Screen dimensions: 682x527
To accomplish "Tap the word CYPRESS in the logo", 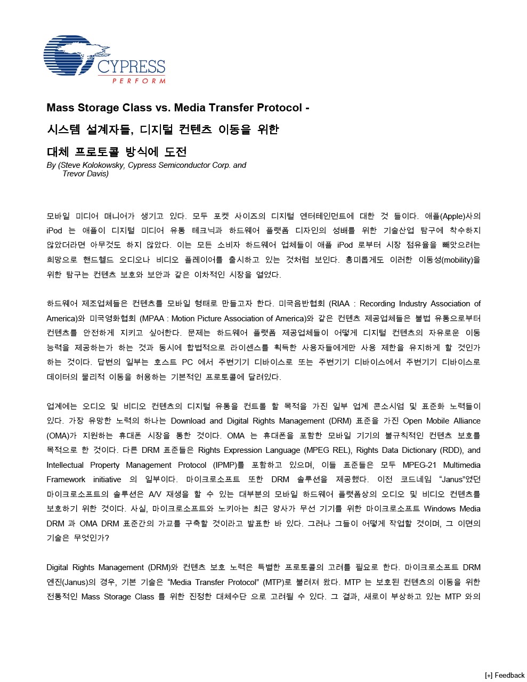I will [x=131, y=67].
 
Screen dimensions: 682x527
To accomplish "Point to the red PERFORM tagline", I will [x=139, y=81].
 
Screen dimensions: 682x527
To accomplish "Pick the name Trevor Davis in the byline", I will [x=85, y=174].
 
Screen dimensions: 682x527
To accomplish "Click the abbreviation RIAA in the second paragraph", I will [x=340, y=304].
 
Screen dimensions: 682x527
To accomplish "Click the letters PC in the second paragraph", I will [x=187, y=362].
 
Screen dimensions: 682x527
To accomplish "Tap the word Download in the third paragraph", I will [x=188, y=421].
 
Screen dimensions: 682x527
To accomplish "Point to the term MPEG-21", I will [x=419, y=465].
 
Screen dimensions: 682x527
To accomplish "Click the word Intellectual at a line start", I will [x=66, y=465].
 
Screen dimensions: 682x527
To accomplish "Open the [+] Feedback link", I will [x=505, y=675].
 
